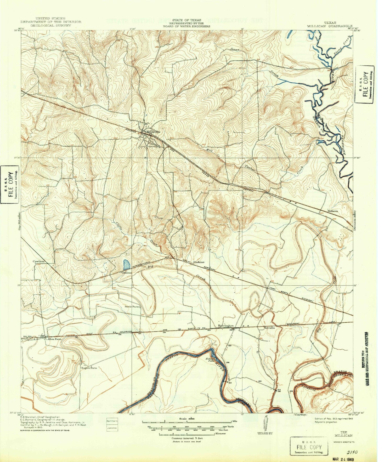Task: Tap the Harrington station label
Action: (225, 326)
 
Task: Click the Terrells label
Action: (269, 328)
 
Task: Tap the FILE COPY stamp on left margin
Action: (10, 184)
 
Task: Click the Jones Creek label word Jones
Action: (234, 49)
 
